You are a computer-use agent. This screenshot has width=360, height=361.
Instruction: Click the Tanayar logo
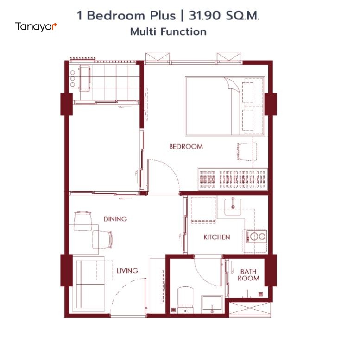click(36, 27)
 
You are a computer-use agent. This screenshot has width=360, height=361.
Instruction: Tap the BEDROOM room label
click(186, 147)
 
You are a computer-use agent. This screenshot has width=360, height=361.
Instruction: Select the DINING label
click(115, 219)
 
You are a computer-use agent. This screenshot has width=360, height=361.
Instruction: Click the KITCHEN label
click(217, 237)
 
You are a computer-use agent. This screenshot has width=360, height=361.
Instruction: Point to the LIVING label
click(127, 271)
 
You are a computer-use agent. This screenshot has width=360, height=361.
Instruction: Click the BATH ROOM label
click(248, 275)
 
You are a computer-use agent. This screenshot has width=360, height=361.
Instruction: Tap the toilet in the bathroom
click(185, 300)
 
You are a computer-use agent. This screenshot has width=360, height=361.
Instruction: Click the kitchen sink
click(233, 206)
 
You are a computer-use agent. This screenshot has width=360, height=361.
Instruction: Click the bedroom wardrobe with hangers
click(233, 180)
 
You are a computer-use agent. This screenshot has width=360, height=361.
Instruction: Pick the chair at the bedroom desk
click(247, 151)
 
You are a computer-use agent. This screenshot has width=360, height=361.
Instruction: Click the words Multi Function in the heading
click(169, 32)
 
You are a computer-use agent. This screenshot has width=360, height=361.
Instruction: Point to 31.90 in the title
click(205, 16)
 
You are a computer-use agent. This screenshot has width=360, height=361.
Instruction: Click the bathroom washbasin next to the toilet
click(212, 305)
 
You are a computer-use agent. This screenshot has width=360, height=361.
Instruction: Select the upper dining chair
click(82, 221)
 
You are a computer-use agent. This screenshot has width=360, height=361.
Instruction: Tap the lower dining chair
click(102, 240)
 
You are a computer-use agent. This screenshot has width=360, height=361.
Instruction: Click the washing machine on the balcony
click(84, 79)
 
